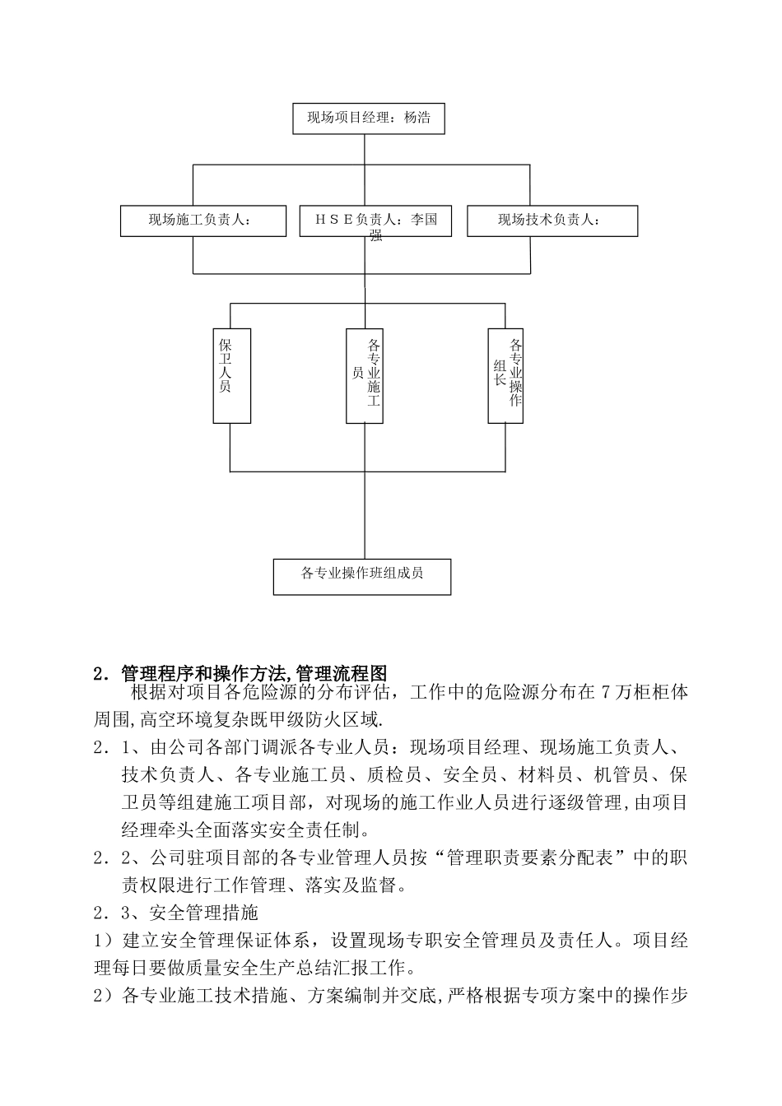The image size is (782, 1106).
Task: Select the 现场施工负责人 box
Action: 202,221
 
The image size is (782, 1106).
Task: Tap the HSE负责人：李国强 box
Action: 375,221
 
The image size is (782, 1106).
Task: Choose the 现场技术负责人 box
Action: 552,221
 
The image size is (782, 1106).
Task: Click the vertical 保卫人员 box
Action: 231,376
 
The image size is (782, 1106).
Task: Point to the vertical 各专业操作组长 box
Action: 505,376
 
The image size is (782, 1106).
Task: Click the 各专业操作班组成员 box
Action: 362,576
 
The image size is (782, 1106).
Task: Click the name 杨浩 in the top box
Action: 417,118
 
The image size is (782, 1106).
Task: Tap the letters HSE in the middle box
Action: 333,220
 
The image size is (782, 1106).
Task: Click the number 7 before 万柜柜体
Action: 606,694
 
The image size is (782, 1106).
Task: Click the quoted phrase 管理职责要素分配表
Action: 531,857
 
